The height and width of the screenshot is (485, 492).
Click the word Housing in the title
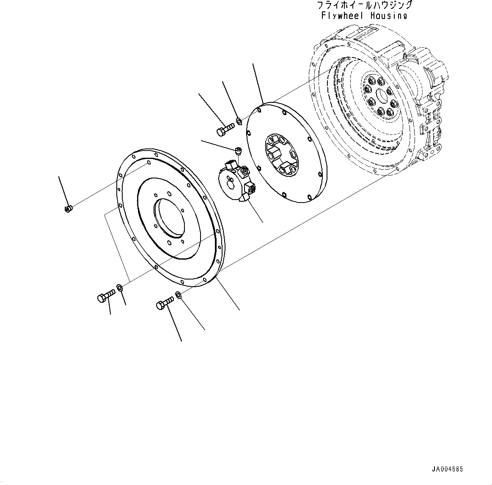coord(389,16)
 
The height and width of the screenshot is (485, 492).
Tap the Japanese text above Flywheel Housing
coord(364,5)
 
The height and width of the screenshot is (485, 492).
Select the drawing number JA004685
coord(448,469)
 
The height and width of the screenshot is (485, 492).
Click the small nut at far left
coord(68,208)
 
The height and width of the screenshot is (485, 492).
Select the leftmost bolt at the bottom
coord(106,296)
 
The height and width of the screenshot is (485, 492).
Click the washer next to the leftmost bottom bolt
coord(120,288)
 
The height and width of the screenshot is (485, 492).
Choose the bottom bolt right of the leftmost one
coord(165,303)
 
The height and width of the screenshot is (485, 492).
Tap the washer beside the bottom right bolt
coord(179,295)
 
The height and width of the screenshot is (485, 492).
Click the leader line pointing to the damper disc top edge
coord(258,82)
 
